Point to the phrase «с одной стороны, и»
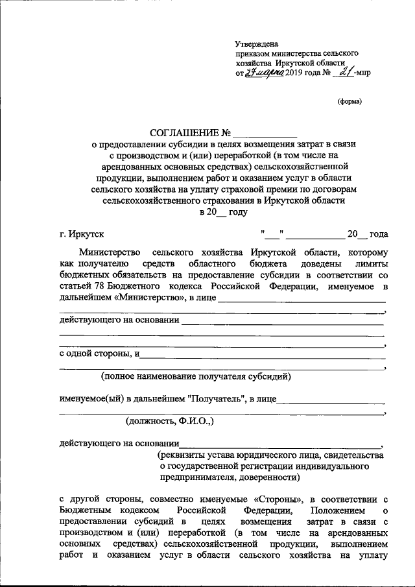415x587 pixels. point(99,354)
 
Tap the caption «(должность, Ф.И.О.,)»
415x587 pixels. point(170,421)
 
